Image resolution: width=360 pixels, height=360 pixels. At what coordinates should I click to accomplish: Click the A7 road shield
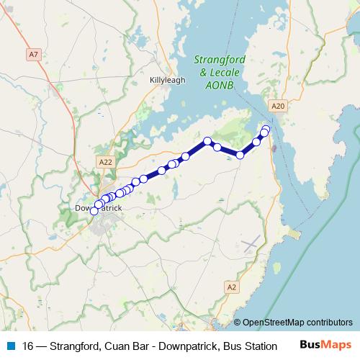tap(33, 54)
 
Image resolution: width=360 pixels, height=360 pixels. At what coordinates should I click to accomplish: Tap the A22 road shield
tap(107, 162)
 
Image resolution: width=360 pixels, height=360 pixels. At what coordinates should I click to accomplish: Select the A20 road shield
tap(279, 106)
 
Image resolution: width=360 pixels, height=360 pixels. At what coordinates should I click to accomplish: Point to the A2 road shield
tap(231, 287)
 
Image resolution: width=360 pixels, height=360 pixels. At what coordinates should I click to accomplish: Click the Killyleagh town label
tap(167, 80)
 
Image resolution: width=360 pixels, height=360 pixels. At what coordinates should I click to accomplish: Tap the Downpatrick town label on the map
tap(99, 208)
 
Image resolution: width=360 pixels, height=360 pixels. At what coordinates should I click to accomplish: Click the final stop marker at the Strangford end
tap(266, 129)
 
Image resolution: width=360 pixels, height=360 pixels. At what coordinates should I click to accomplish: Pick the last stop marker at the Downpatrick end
tap(94, 211)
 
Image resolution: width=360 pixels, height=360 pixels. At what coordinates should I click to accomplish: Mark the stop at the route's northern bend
tap(207, 141)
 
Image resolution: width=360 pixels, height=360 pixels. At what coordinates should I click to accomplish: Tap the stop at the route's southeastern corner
tap(240, 155)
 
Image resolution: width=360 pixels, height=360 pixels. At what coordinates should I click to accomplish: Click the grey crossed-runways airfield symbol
tap(251, 244)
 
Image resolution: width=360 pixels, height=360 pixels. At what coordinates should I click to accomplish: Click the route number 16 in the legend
tap(29, 345)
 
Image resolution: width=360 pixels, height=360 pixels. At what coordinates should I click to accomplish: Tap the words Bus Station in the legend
tap(251, 345)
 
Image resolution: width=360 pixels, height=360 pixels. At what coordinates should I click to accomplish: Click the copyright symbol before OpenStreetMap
tap(238, 323)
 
